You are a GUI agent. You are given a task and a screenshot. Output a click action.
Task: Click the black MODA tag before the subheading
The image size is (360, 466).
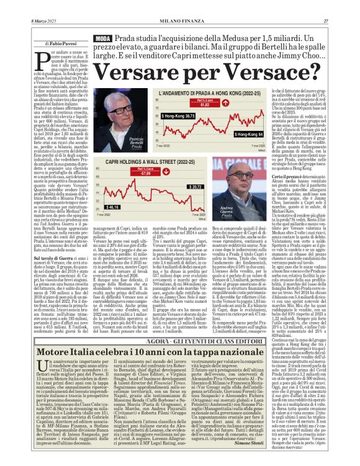102,38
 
